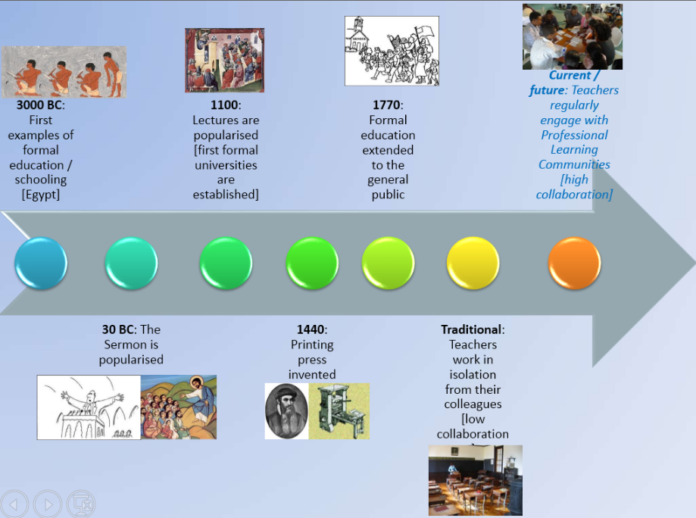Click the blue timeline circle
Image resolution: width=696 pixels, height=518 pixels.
(41, 264)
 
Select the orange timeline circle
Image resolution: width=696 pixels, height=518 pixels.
(574, 264)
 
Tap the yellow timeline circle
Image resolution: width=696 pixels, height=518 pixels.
(473, 264)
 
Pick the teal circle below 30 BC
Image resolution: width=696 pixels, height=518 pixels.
(131, 264)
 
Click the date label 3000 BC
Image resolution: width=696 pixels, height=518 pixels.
(39, 105)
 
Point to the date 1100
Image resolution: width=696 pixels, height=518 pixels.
(225, 105)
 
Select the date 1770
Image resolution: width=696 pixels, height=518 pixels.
(386, 105)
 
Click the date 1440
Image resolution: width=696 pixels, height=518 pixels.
(311, 329)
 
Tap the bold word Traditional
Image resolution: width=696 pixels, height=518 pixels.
(471, 329)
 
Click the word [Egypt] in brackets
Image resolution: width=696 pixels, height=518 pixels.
(41, 195)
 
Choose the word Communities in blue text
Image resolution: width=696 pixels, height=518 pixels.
(574, 164)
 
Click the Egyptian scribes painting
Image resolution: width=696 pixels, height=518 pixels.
(64, 72)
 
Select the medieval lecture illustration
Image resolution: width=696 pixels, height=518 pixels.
(225, 61)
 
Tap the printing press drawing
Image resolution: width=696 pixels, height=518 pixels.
(339, 411)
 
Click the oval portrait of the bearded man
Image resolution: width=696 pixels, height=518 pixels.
(287, 411)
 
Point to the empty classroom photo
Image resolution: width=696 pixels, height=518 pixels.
(476, 480)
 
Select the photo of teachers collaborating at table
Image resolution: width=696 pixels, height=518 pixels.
(573, 37)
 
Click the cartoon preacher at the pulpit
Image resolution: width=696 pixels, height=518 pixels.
(89, 407)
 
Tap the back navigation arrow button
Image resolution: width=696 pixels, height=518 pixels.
(14, 504)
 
